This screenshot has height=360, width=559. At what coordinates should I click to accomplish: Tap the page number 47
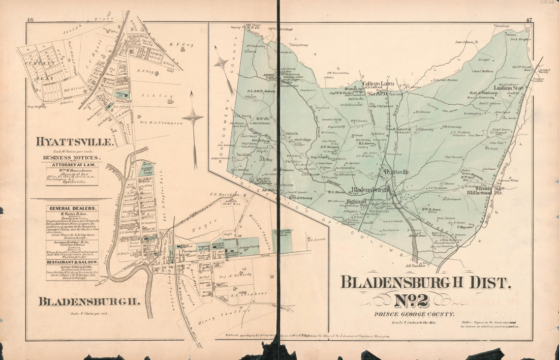[x=529, y=20]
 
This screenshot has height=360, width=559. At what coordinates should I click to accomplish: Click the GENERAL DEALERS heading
[x=72, y=208]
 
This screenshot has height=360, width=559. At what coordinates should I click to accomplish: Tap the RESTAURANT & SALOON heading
[x=72, y=262]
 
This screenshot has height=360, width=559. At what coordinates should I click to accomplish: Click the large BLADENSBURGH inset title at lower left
[x=89, y=301]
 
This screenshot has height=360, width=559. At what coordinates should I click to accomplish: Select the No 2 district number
[x=411, y=300]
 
